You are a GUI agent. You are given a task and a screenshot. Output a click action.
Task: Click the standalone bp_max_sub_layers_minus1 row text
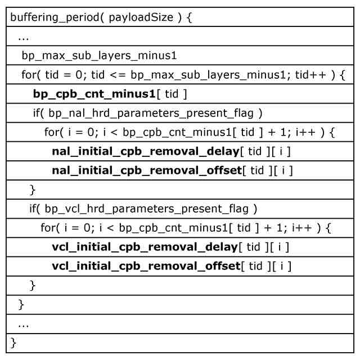(100, 56)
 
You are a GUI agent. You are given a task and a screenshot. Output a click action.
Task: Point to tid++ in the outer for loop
(315, 75)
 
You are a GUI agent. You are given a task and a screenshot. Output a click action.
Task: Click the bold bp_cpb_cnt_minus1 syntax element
(94, 94)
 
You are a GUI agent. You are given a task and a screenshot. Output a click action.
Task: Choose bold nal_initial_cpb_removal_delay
(145, 151)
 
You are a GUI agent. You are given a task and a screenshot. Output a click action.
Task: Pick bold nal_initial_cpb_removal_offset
(146, 170)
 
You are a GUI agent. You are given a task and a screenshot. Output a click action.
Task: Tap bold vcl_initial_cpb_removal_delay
(145, 246)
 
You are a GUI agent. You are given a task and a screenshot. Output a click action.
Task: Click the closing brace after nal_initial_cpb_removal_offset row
(33, 189)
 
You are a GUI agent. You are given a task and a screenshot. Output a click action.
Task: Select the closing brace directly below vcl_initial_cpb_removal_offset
(33, 285)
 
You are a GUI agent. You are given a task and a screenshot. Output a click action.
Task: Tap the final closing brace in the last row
(14, 341)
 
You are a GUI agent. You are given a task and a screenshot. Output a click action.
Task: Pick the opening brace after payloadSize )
(189, 17)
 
